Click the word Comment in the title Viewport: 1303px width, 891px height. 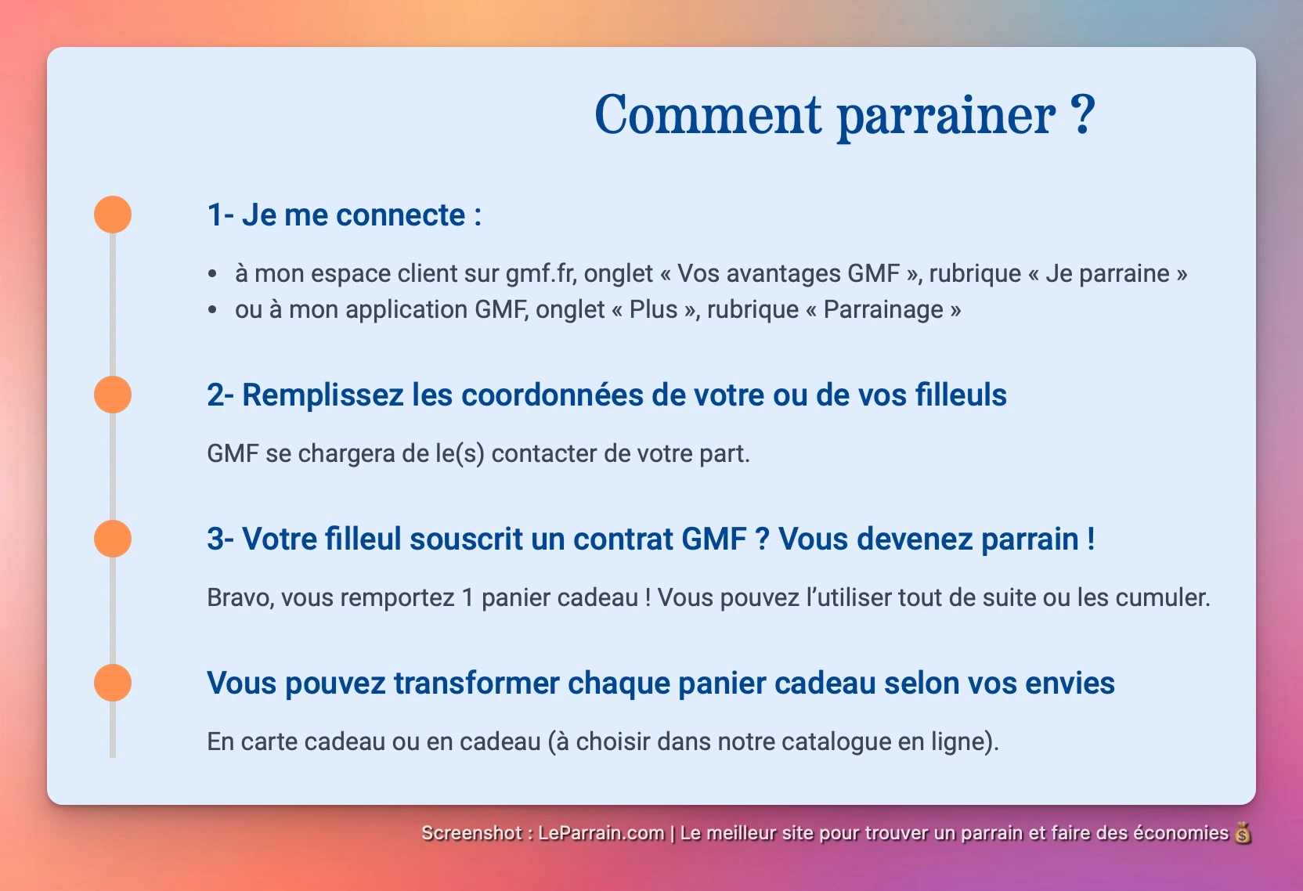point(708,114)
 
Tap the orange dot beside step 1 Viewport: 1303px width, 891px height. point(113,215)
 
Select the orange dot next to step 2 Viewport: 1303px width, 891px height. point(113,395)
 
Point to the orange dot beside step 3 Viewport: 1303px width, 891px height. point(113,539)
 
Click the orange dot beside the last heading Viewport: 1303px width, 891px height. point(113,683)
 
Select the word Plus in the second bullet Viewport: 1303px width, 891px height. point(653,309)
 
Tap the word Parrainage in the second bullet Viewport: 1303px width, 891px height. point(883,309)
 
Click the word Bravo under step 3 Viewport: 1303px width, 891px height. point(240,597)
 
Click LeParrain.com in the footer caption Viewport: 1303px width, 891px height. point(601,833)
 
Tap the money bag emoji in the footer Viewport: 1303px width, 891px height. point(1243,833)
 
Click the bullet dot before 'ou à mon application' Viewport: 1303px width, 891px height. point(212,310)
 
